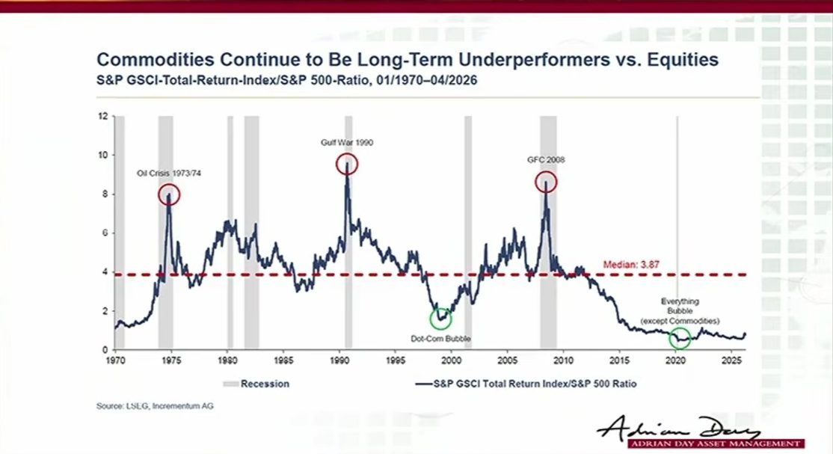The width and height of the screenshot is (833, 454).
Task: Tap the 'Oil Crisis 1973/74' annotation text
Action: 169,174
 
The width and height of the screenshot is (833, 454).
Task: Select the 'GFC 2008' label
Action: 546,159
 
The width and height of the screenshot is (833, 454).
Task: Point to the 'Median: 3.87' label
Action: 631,264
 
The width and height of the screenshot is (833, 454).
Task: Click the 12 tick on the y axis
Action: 103,116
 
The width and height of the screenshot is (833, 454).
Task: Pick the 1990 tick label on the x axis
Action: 339,361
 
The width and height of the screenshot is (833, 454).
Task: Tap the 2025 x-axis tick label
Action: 731,361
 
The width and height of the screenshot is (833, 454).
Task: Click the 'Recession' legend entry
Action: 256,384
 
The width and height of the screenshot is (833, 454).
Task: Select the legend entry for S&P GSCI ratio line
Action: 526,384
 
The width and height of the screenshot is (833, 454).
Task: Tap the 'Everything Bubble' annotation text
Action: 680,306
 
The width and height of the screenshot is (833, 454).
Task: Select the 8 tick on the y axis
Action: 105,194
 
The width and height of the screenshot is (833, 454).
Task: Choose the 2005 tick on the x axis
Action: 507,361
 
